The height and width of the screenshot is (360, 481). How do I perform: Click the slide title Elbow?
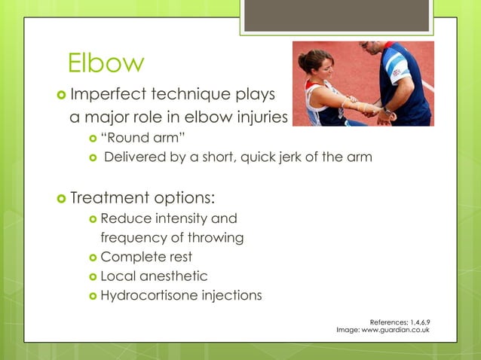point(105,63)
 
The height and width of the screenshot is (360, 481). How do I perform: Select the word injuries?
point(260,118)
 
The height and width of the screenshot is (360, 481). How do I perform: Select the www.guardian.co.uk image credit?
point(401,330)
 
